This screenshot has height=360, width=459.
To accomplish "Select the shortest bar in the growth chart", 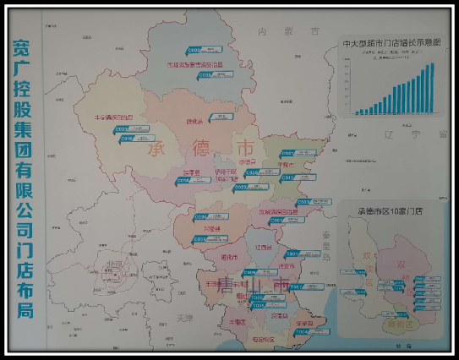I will click(x=358, y=112).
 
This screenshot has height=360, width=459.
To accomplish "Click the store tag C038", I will click(x=206, y=75).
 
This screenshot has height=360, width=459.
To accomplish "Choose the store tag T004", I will click(x=302, y=331).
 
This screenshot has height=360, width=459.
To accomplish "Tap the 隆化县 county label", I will click(x=195, y=120).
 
